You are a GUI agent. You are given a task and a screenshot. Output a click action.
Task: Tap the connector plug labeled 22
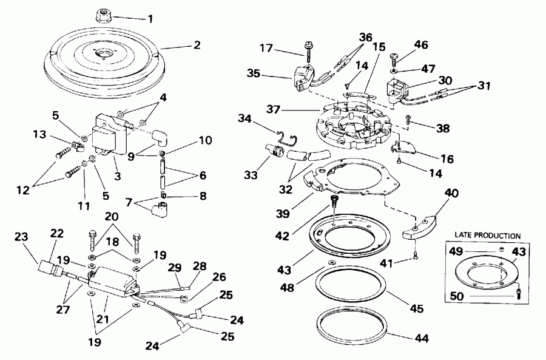pyautogui.click(x=49, y=267)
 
